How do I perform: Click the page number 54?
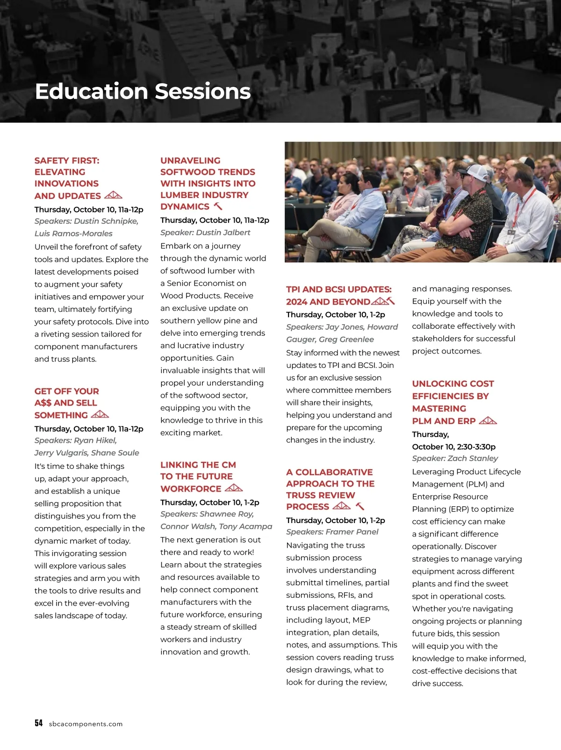click(38, 723)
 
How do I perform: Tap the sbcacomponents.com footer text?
click(86, 724)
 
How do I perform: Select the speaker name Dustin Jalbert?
click(223, 232)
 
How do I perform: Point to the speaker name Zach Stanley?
click(473, 458)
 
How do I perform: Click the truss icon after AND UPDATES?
click(113, 195)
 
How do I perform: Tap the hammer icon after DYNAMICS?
click(218, 206)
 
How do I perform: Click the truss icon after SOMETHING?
click(100, 414)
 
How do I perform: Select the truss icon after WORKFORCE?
click(234, 488)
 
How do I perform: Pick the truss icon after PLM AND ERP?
click(488, 420)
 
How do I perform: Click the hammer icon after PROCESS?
click(360, 506)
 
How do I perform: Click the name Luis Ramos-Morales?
click(73, 233)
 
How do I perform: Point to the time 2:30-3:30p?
click(476, 446)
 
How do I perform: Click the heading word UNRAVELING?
click(190, 160)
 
